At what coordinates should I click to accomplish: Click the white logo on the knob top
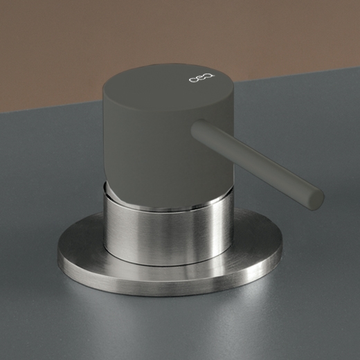(202, 79)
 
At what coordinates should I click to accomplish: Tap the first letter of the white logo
(193, 80)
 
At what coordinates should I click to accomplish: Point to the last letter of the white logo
(211, 78)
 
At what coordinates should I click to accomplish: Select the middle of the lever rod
(258, 164)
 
